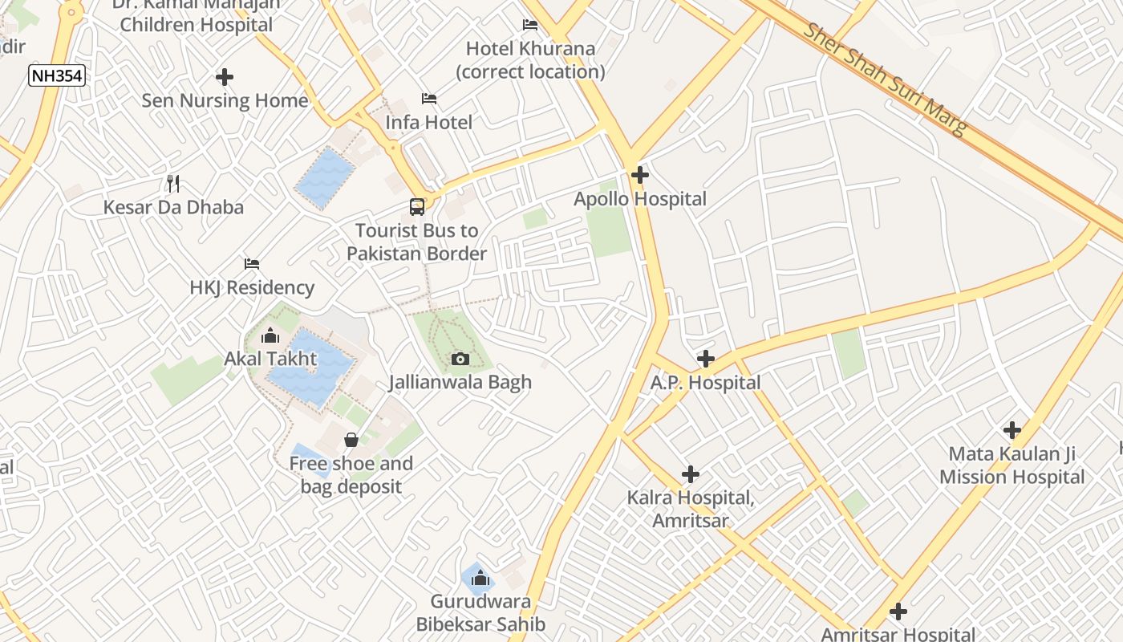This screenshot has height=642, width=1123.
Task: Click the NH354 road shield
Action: coord(57,76)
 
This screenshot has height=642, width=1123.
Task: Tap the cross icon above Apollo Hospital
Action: coord(640,174)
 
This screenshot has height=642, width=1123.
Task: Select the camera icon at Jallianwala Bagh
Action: coord(460,359)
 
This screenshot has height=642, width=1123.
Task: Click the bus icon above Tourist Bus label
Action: coord(417,207)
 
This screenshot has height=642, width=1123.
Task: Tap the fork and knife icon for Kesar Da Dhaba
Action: coord(173,184)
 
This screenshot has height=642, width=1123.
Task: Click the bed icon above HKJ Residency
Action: coord(252,264)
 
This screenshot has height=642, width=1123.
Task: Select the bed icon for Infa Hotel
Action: coord(429,99)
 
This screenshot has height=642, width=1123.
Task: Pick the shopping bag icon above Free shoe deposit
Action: coord(351,440)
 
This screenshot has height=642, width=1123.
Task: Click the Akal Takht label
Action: coord(271,359)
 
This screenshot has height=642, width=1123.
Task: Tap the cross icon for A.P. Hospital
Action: coord(706,359)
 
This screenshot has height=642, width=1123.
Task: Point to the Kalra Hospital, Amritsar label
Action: coord(691,509)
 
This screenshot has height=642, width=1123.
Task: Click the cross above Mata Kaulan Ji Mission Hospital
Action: coord(1012,430)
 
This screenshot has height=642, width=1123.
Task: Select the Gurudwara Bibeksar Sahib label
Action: coord(480,612)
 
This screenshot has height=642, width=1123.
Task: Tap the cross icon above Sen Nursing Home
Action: coord(225,77)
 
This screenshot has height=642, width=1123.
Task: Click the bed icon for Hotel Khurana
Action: coord(530,25)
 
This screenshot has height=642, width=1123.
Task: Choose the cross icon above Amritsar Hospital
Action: coord(898,612)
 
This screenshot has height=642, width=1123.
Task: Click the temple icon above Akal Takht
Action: coord(270,335)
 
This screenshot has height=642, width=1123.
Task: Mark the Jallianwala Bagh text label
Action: coord(460,382)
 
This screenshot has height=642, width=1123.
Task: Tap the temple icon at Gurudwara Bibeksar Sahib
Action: coord(480,578)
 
